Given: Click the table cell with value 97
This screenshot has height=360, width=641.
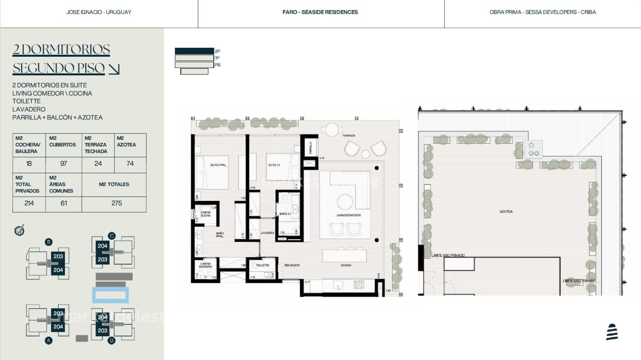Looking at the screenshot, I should [63, 164].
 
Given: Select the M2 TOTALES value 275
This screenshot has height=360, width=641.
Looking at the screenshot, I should [117, 203].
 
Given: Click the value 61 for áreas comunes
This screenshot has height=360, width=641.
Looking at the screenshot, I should [64, 203].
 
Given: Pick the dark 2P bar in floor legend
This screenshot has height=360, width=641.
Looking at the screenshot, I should [194, 51].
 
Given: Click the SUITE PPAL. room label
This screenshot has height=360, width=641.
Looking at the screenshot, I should [218, 165].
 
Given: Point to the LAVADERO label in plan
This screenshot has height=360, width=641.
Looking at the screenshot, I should [267, 233].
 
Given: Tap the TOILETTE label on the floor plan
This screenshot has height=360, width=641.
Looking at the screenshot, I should [262, 265].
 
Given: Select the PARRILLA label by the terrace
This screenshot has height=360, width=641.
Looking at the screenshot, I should [310, 148].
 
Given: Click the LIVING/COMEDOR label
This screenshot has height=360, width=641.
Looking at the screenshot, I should [349, 215].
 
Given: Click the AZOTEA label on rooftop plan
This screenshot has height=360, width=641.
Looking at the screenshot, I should [506, 212].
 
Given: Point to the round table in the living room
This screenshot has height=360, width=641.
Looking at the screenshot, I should [345, 202].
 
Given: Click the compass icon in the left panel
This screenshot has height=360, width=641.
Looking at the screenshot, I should [19, 230].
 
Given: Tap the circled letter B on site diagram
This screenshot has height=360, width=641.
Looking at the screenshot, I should [49, 242].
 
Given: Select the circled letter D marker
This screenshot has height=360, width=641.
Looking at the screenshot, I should [112, 341].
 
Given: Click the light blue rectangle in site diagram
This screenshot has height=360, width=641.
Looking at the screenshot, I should [111, 295].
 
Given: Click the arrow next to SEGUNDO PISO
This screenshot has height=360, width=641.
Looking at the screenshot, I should [114, 69].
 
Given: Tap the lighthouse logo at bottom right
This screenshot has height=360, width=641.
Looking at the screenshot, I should [612, 332].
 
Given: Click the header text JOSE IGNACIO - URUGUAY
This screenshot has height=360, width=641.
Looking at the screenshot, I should [99, 12].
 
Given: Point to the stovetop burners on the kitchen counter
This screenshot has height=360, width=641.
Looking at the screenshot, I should [359, 285].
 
